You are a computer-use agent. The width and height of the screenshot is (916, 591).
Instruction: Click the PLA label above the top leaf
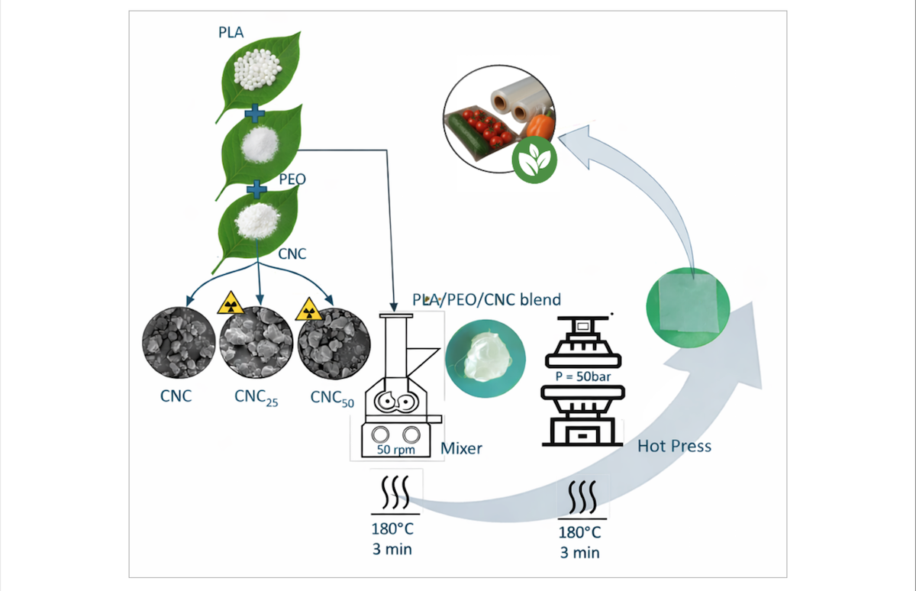pyautogui.click(x=233, y=32)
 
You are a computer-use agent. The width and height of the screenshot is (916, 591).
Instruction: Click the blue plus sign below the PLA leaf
pyautogui.click(x=254, y=115)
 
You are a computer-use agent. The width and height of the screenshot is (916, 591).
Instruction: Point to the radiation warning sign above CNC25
pyautogui.click(x=230, y=304)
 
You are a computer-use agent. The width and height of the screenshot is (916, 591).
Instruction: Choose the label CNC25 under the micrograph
pyautogui.click(x=256, y=398)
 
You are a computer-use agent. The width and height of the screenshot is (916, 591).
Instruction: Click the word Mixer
pyautogui.click(x=462, y=448)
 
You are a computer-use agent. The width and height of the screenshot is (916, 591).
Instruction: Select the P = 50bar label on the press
pyautogui.click(x=584, y=376)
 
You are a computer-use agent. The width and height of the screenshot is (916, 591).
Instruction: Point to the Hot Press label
pyautogui.click(x=674, y=445)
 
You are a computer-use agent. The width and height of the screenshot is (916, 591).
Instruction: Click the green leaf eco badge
pyautogui.click(x=534, y=162)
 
